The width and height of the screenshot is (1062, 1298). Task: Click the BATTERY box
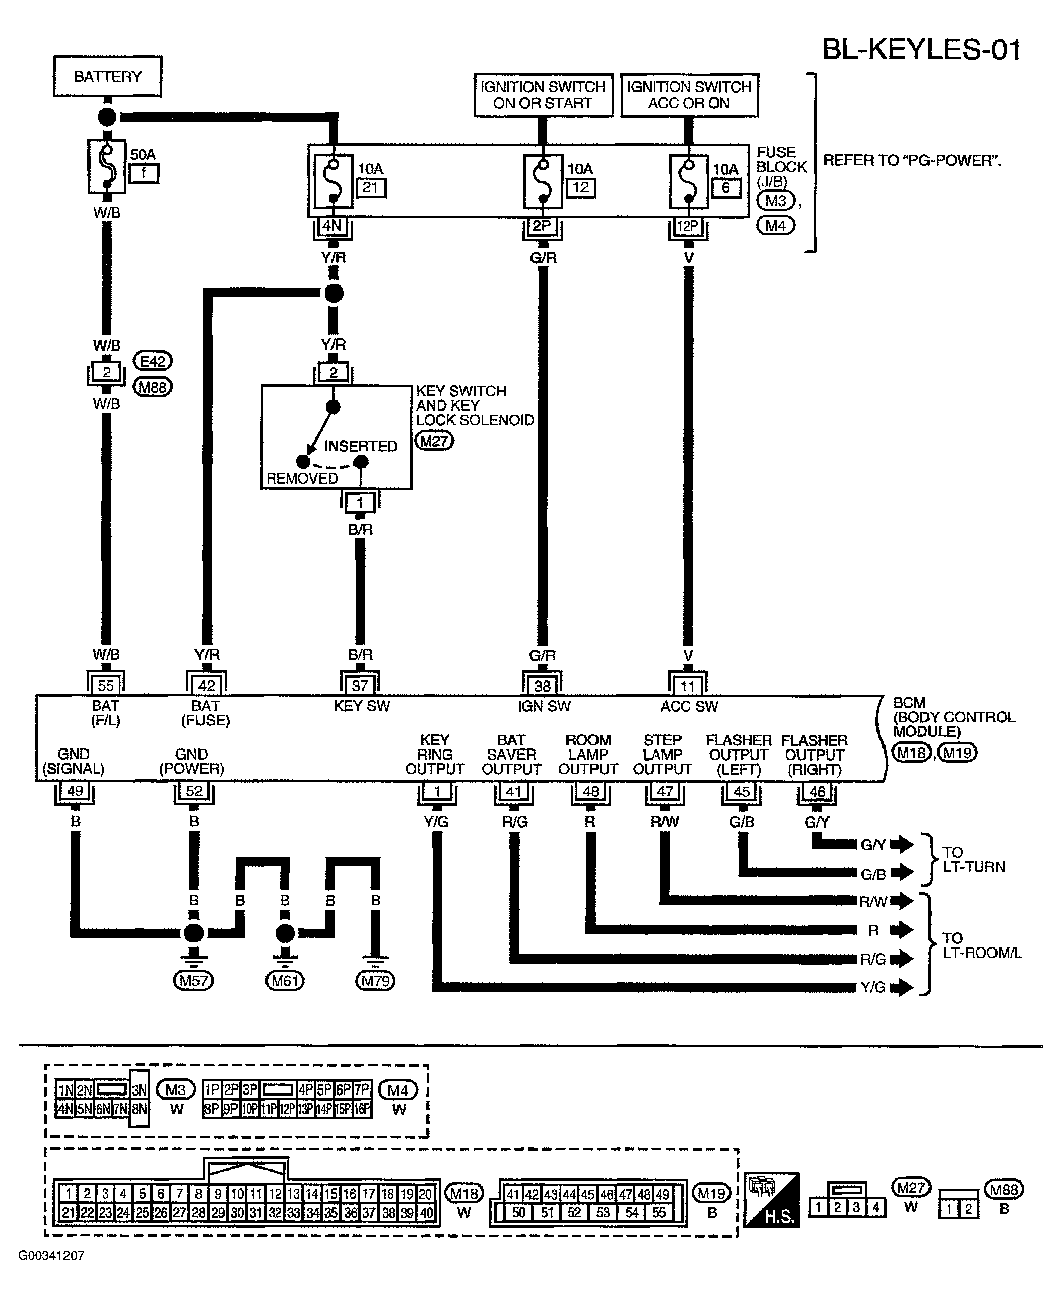(108, 77)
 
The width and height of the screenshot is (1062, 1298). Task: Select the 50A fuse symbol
(107, 166)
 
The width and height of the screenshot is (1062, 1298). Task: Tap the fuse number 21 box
(371, 188)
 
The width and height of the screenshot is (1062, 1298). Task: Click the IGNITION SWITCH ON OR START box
(543, 95)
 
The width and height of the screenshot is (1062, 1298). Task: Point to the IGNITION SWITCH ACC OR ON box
(689, 95)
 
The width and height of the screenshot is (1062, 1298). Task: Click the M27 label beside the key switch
(434, 440)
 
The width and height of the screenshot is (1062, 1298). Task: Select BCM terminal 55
(106, 685)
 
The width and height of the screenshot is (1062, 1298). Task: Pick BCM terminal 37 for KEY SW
(360, 685)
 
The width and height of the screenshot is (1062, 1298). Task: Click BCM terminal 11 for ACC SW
(688, 685)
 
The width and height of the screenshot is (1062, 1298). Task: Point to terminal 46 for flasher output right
(817, 791)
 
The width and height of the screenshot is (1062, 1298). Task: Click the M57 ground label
(193, 981)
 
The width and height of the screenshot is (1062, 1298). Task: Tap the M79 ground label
(376, 981)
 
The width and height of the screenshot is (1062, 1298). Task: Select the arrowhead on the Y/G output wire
(902, 987)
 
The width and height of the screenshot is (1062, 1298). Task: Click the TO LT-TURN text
(973, 859)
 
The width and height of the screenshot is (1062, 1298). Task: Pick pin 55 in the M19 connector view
(659, 1212)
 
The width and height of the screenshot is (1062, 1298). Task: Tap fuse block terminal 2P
(542, 226)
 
